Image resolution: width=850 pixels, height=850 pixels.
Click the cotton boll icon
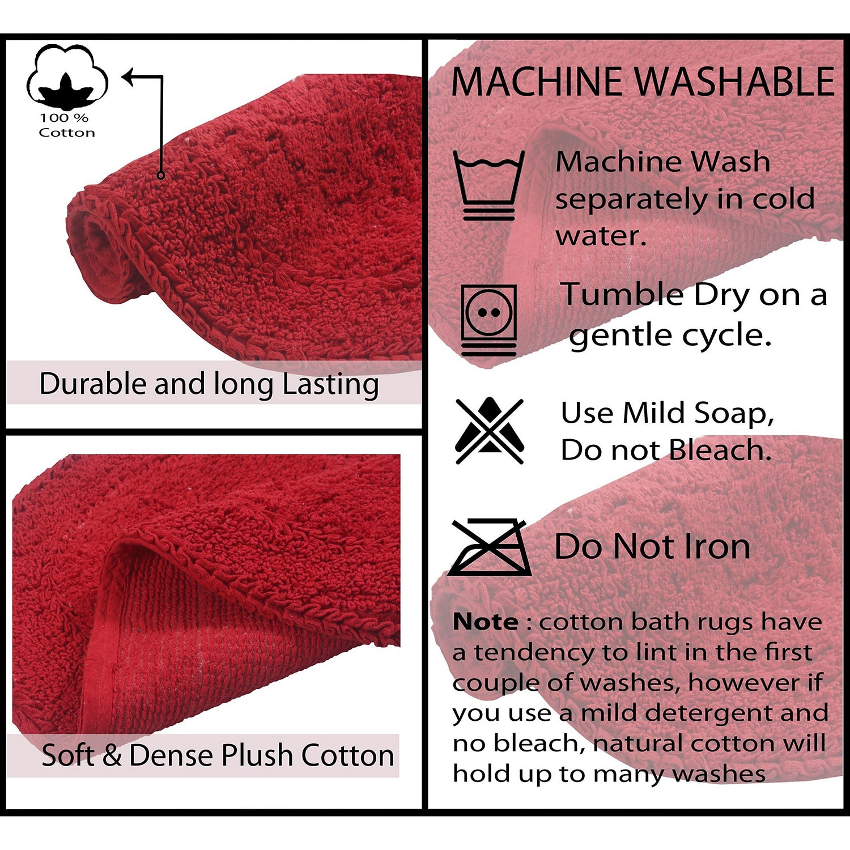(x=67, y=78)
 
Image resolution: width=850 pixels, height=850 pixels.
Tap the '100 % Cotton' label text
(x=67, y=125)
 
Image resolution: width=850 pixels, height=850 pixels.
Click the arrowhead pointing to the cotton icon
(x=129, y=76)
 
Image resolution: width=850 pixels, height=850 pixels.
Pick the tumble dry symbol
(x=488, y=320)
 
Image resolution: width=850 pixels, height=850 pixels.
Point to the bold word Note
(x=486, y=622)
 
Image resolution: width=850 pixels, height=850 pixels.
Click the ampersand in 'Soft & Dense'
(x=113, y=755)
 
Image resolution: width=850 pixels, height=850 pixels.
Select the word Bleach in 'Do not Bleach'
(x=720, y=450)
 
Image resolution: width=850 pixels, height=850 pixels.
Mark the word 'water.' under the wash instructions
(x=601, y=236)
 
